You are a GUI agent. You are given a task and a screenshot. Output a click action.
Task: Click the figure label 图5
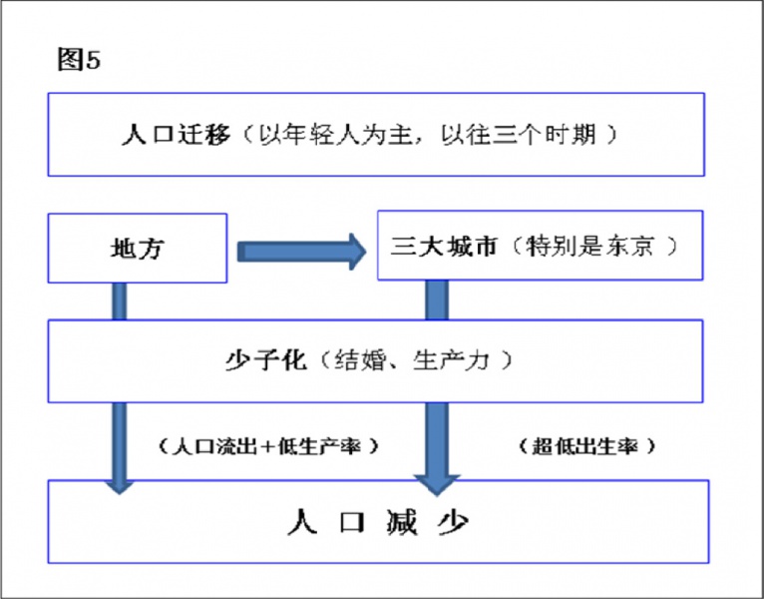[x=79, y=60]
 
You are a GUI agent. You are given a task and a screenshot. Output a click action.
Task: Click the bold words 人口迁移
[x=176, y=135]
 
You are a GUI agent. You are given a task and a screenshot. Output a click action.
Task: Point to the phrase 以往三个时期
[x=519, y=135]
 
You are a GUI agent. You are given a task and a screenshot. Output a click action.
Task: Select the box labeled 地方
[x=138, y=248]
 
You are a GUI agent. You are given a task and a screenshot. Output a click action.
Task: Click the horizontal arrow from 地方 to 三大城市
[x=301, y=252]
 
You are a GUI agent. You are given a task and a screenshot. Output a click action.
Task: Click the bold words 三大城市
[x=444, y=246]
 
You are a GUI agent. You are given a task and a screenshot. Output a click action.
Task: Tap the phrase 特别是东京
[x=589, y=246]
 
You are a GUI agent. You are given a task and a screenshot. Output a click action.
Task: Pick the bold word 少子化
[x=265, y=360]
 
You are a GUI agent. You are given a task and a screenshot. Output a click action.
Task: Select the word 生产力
[x=451, y=360]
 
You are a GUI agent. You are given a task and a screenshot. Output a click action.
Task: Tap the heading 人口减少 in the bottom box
[x=378, y=522]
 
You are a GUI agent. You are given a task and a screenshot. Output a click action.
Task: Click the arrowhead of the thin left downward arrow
[x=120, y=486]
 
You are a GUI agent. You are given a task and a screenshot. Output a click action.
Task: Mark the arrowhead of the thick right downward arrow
[x=437, y=485]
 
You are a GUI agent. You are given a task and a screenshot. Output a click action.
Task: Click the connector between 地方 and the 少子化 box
[x=120, y=300]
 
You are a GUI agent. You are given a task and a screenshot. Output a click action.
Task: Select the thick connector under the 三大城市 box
[x=437, y=299]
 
